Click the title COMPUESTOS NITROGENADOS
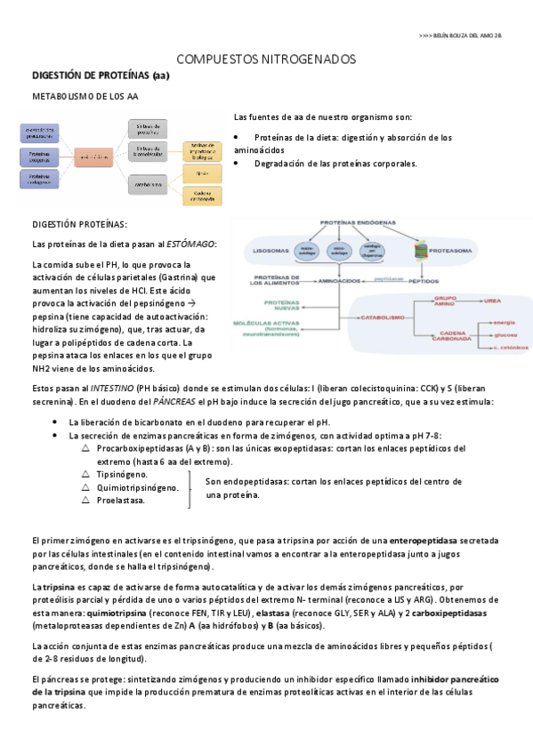[x=267, y=59]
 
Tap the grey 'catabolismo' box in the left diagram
[x=149, y=185]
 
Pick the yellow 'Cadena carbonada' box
[x=201, y=195]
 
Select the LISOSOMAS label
[x=264, y=251]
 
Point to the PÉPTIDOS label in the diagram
[x=424, y=282]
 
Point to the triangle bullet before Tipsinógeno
[x=85, y=475]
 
